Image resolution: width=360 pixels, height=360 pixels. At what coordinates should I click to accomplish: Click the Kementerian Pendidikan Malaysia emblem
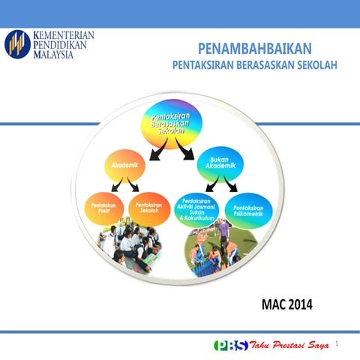(18, 46)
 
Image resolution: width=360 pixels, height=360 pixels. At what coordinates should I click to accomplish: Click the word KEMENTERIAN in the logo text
(65, 35)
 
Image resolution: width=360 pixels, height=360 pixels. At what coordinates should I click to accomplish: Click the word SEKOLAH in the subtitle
(316, 64)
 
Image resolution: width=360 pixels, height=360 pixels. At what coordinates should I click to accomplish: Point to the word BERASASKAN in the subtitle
(262, 64)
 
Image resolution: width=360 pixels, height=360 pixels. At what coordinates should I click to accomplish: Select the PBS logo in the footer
(230, 344)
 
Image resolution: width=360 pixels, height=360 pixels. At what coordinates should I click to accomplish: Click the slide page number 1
(337, 343)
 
